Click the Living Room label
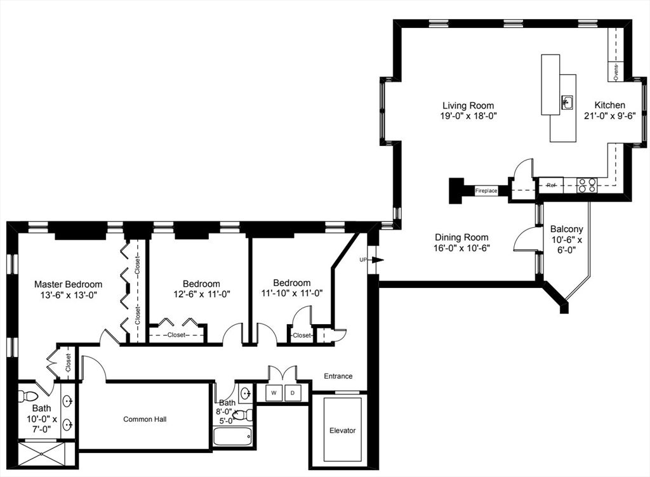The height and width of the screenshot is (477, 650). [468, 105]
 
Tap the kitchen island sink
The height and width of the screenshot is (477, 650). [567, 101]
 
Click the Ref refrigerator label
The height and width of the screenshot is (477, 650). [550, 185]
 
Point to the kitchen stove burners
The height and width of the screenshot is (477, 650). [587, 185]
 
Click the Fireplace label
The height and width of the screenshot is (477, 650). [486, 190]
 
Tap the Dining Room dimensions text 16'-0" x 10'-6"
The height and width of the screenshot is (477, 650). [461, 248]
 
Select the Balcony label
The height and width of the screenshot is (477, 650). [566, 229]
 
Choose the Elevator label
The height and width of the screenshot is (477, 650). [342, 431]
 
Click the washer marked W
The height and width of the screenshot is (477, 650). [274, 393]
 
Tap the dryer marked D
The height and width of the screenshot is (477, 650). [293, 393]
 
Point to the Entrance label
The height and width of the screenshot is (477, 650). [338, 376]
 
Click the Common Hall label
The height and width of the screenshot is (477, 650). [145, 419]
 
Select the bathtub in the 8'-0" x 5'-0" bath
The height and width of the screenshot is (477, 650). [232, 437]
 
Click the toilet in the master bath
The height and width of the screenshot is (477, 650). [28, 396]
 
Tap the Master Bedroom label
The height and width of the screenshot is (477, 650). [68, 284]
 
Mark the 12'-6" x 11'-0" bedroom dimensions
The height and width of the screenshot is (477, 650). [201, 294]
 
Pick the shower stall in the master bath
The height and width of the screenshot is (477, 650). [41, 454]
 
